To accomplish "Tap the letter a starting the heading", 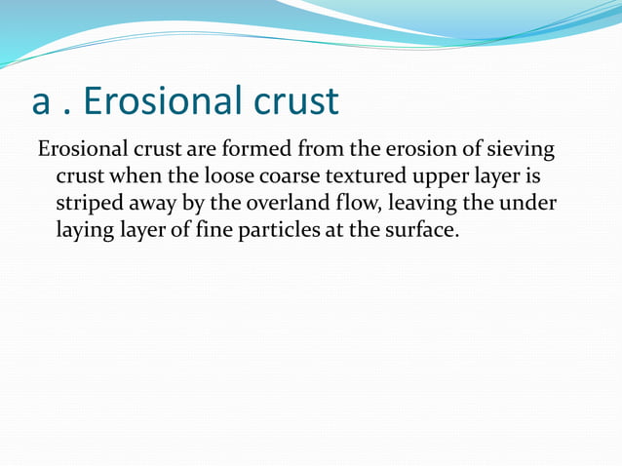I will coord(42,102).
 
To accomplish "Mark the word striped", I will coord(88,207).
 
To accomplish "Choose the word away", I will coord(152,208).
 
